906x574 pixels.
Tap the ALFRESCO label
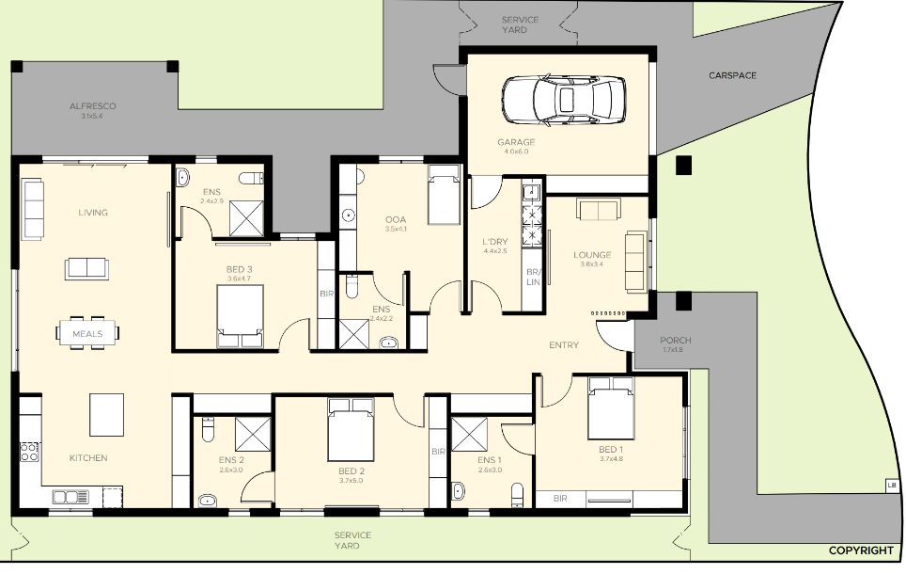point(92,106)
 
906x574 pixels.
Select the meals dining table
point(87,333)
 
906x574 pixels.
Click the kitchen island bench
point(106,414)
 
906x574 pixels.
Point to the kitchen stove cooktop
point(29,452)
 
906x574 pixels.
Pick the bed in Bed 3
point(240,316)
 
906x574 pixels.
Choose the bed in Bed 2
point(351,429)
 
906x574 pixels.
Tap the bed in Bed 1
point(611,408)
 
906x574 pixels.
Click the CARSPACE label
point(732,75)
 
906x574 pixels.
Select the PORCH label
point(675,341)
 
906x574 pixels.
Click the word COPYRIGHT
point(861,550)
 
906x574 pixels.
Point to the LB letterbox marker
point(891,486)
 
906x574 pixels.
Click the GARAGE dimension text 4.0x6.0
point(516,151)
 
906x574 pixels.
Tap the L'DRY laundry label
point(495,241)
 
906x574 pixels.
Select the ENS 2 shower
point(253,434)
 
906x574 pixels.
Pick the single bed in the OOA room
point(444,195)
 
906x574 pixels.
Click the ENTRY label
point(563,344)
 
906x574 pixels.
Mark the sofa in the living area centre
point(86,268)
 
